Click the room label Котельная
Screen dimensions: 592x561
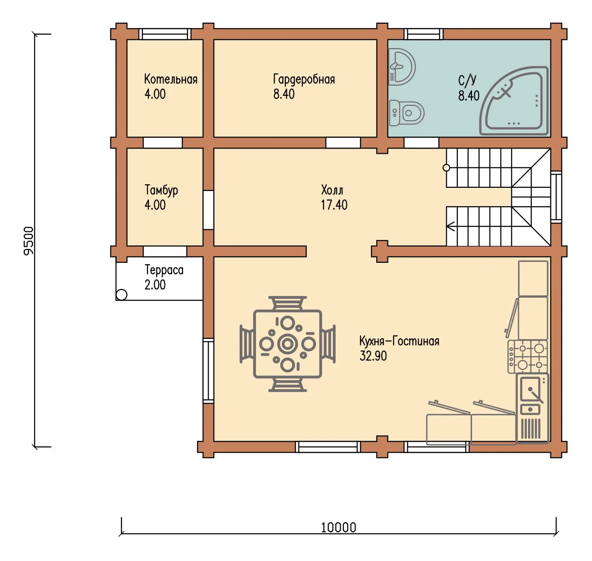click(x=171, y=79)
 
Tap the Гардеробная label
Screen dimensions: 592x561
click(x=304, y=80)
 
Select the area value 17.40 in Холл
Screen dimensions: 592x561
click(x=334, y=205)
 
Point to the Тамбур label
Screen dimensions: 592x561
click(x=161, y=190)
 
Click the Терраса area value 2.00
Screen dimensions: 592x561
click(x=155, y=285)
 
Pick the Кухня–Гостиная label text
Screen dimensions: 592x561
click(x=399, y=341)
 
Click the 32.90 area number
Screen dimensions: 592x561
click(x=373, y=356)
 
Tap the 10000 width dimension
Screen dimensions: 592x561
click(x=338, y=527)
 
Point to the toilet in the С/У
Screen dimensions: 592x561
click(x=406, y=113)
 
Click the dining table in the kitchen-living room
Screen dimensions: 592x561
click(x=287, y=344)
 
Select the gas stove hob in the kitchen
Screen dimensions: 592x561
click(x=528, y=357)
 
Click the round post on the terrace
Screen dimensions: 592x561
click(x=121, y=295)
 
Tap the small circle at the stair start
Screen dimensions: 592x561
click(x=447, y=168)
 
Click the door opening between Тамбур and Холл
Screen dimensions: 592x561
click(x=208, y=210)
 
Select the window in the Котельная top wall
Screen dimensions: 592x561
click(x=165, y=34)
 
